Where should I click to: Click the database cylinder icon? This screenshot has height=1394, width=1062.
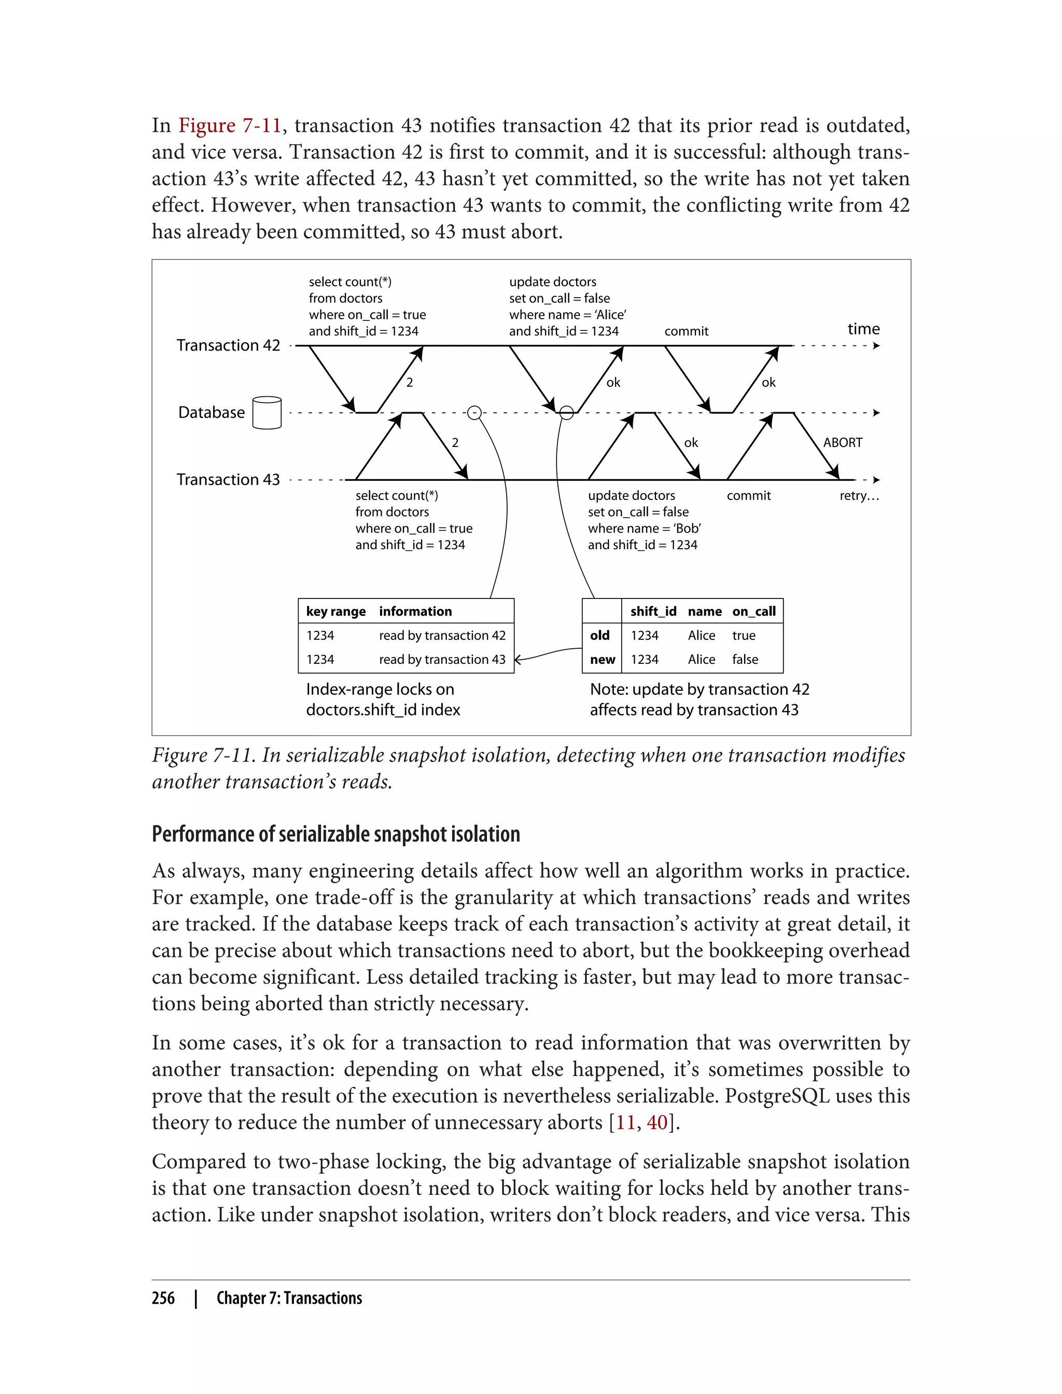267,413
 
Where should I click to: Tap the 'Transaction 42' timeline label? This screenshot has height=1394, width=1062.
228,345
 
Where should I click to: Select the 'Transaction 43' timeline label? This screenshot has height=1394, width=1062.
228,479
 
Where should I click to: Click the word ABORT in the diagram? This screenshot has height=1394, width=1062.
842,442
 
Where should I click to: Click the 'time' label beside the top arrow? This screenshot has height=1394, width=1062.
863,329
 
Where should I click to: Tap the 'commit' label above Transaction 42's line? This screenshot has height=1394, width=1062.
686,331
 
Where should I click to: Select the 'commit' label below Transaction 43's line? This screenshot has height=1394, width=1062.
748,496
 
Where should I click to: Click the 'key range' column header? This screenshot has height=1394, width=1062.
336,611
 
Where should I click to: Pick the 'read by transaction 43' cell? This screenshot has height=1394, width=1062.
442,659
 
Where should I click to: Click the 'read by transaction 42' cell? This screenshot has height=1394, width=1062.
442,635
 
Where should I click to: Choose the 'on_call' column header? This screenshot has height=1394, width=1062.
753,611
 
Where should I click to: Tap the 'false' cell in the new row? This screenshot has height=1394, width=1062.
745,659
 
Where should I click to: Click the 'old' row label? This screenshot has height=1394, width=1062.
600,635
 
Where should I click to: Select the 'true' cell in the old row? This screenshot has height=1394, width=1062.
744,635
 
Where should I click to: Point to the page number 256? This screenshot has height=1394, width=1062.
163,1298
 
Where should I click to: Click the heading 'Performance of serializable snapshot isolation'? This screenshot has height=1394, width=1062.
336,834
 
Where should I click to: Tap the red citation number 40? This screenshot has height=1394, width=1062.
657,1122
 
